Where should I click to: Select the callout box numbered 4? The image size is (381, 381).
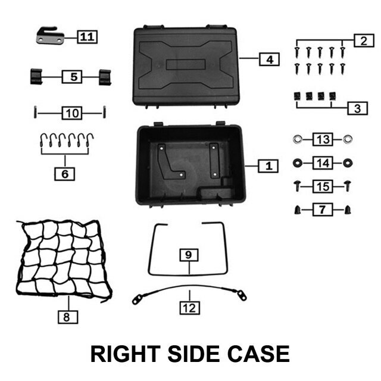point(269,60)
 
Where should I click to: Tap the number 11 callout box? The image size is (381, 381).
point(87,37)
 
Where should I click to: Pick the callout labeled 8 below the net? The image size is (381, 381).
point(67,317)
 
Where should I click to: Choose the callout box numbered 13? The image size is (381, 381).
point(323,140)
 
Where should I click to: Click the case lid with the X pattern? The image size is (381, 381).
point(186,64)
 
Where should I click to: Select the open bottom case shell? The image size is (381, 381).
point(189,165)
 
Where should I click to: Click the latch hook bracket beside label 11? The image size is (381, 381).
point(48,36)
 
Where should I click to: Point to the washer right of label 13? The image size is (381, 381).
point(347,140)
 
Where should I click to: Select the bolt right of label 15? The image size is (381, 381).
point(347,186)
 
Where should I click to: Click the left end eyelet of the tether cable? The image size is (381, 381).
point(137,301)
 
